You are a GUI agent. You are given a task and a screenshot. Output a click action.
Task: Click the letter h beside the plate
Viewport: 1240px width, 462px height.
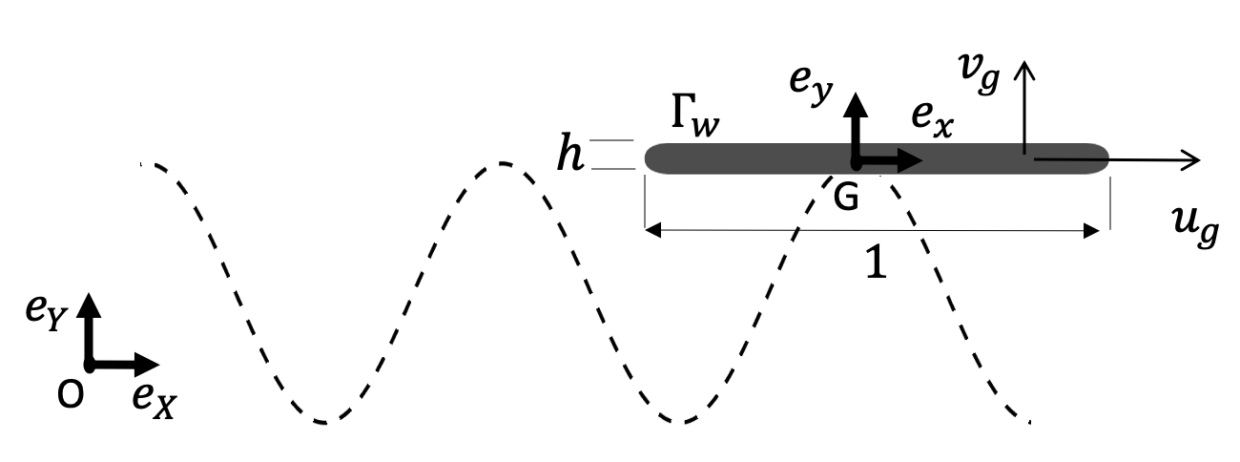click(570, 156)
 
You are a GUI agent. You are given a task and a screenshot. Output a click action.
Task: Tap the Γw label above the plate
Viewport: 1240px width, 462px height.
click(689, 119)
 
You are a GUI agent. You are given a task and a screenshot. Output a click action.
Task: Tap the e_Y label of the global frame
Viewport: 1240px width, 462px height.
click(44, 314)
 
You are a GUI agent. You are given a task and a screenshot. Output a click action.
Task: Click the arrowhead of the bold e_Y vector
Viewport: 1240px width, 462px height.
click(89, 302)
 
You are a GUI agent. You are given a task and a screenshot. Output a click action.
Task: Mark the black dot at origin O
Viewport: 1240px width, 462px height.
click(89, 364)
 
